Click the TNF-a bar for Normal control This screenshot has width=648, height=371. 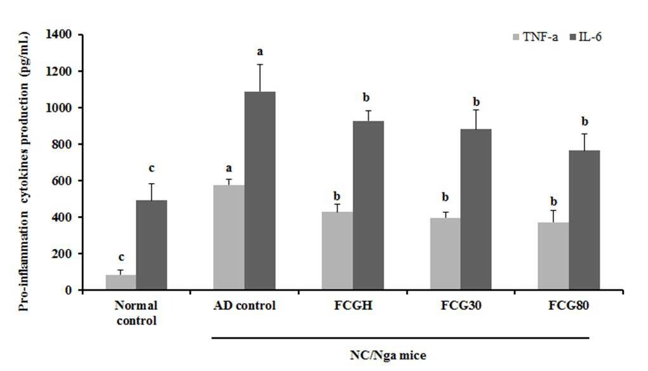pyautogui.click(x=121, y=282)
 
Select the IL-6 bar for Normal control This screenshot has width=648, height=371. pyautogui.click(x=152, y=245)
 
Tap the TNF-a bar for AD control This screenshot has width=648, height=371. pyautogui.click(x=229, y=237)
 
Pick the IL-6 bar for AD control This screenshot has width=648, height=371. pyautogui.click(x=260, y=191)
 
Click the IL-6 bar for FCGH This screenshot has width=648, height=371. pyautogui.click(x=368, y=205)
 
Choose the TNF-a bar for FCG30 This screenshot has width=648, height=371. pyautogui.click(x=445, y=254)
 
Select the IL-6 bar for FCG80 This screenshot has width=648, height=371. pyautogui.click(x=585, y=220)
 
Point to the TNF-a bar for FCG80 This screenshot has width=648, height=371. pyautogui.click(x=553, y=256)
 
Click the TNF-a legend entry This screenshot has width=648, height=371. pyautogui.click(x=535, y=37)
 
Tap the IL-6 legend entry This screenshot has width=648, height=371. pyautogui.click(x=586, y=37)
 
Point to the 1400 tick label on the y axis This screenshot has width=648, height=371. pyautogui.click(x=59, y=34)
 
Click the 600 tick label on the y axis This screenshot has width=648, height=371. pyautogui.click(x=62, y=181)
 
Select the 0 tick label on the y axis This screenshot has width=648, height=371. pyautogui.click(x=69, y=290)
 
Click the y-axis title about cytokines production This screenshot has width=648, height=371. pyautogui.click(x=24, y=171)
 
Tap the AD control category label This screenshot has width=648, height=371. pyautogui.click(x=244, y=306)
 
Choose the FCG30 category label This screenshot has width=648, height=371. pyautogui.click(x=461, y=306)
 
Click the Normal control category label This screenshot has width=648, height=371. pyautogui.click(x=136, y=313)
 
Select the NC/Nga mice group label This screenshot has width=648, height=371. pyautogui.click(x=388, y=355)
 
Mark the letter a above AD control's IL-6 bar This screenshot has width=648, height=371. pyautogui.click(x=260, y=52)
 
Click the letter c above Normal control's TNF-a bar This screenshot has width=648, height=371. pyautogui.click(x=121, y=258)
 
